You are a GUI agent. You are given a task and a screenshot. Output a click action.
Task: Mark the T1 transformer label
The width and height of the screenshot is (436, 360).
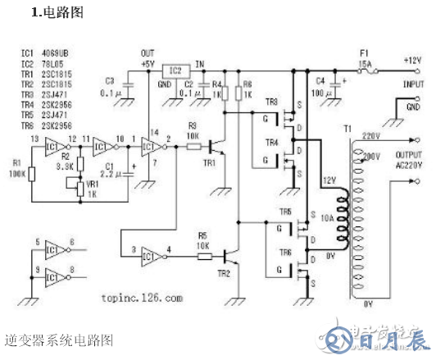coord(347,130)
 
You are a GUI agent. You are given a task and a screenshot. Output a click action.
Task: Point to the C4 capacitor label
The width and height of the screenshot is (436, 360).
coord(320,80)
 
